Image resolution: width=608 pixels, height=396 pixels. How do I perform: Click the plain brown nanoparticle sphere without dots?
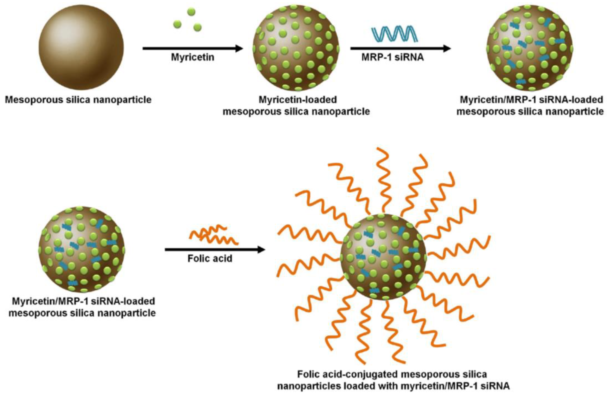click(x=81, y=48)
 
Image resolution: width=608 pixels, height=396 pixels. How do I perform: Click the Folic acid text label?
click(x=210, y=259)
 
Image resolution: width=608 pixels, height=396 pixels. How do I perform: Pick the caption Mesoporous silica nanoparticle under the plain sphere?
click(x=78, y=100)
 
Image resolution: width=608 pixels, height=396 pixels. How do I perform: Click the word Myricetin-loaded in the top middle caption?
click(x=298, y=100)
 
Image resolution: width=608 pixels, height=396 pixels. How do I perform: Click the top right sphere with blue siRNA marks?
click(x=529, y=48)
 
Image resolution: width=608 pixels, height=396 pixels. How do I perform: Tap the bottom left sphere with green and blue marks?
click(x=82, y=249)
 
